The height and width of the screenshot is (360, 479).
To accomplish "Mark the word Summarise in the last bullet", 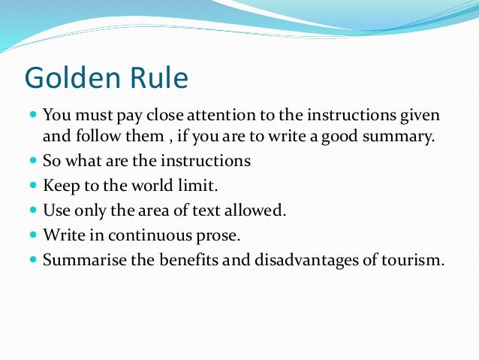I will pos(79,261).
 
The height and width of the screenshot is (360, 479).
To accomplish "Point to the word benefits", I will pos(180,261).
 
